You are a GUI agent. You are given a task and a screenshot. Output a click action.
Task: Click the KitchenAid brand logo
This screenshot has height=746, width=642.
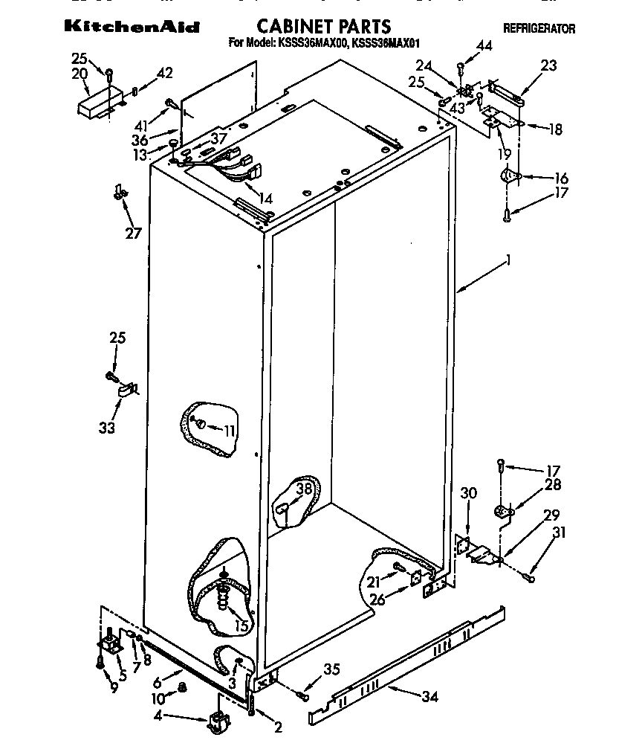point(132,27)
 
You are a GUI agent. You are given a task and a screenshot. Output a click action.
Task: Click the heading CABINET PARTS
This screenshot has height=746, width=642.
point(323,28)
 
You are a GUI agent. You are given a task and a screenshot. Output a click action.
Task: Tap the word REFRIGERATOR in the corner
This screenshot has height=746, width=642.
point(539,29)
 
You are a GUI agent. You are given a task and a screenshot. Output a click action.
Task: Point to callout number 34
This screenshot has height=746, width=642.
point(429,697)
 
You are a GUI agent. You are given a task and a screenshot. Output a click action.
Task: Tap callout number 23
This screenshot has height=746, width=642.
point(548,65)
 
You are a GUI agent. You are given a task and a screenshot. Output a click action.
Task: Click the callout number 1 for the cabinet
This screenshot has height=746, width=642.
point(508,260)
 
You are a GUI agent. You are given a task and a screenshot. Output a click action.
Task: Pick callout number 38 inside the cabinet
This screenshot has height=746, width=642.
point(303,489)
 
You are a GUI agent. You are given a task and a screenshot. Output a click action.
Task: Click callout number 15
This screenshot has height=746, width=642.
point(241,626)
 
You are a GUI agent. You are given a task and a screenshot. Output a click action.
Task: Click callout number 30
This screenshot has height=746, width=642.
point(468,492)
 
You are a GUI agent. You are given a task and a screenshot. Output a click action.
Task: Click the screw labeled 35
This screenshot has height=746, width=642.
point(301,695)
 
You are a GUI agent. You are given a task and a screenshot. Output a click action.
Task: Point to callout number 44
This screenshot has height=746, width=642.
point(484,46)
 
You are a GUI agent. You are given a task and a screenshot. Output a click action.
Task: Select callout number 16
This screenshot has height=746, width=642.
point(561,178)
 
